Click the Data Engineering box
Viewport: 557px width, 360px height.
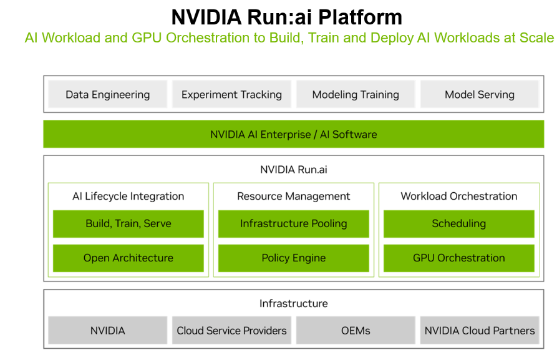tap(108, 95)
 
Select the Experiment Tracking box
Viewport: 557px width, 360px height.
tap(231, 95)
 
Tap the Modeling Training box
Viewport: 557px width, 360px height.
tap(356, 95)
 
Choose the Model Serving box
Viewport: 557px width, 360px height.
tap(479, 95)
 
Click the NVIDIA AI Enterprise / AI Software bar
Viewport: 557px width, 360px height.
tap(293, 134)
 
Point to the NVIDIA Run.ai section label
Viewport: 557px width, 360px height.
tap(293, 169)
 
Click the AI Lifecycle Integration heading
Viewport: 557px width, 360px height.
tap(128, 196)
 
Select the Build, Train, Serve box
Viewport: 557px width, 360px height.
tap(128, 223)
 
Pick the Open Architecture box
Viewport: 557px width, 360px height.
tap(128, 258)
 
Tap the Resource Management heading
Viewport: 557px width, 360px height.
tap(293, 196)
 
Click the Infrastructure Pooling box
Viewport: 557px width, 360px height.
tap(293, 223)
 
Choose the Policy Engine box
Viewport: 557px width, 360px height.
tap(293, 258)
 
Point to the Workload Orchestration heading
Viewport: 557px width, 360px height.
tap(459, 196)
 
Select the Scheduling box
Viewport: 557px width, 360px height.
tap(459, 223)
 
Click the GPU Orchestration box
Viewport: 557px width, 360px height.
tap(459, 258)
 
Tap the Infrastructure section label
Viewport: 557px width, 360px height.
tap(293, 303)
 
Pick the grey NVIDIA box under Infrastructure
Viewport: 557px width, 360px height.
tap(108, 331)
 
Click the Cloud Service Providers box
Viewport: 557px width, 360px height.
tap(231, 331)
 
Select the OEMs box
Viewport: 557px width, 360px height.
tap(356, 331)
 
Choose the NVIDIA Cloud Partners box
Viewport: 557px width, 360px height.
tap(479, 331)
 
